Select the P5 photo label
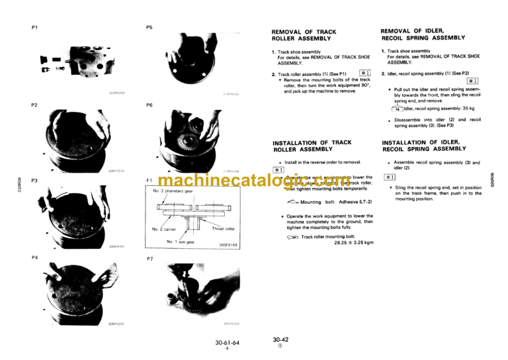(x=149, y=27)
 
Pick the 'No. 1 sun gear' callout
(x=182, y=242)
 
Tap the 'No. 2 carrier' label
(x=163, y=230)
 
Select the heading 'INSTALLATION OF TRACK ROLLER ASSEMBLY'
(x=312, y=146)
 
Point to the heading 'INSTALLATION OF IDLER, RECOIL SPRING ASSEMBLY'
(x=424, y=145)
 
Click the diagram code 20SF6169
(x=220, y=245)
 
